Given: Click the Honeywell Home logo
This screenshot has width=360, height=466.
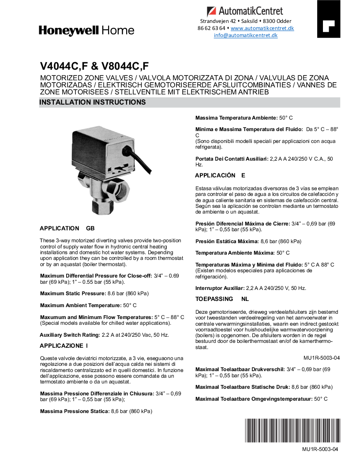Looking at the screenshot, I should coord(86,30).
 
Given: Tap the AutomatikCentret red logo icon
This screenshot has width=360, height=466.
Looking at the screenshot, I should coord(212,11).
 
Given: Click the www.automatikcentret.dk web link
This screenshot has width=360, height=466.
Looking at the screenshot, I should coord(262,28).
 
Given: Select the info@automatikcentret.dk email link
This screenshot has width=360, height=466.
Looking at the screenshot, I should coord(246,35).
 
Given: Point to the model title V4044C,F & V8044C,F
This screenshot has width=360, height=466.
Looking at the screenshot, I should coord(94,66).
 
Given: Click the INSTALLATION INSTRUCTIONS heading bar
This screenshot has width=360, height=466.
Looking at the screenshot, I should coord(189,102).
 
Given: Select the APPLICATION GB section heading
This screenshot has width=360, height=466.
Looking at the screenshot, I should coord(67,229).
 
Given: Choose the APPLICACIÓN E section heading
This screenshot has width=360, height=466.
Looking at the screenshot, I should coord(220,175).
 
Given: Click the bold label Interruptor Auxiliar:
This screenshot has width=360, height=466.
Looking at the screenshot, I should coord(220,288).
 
